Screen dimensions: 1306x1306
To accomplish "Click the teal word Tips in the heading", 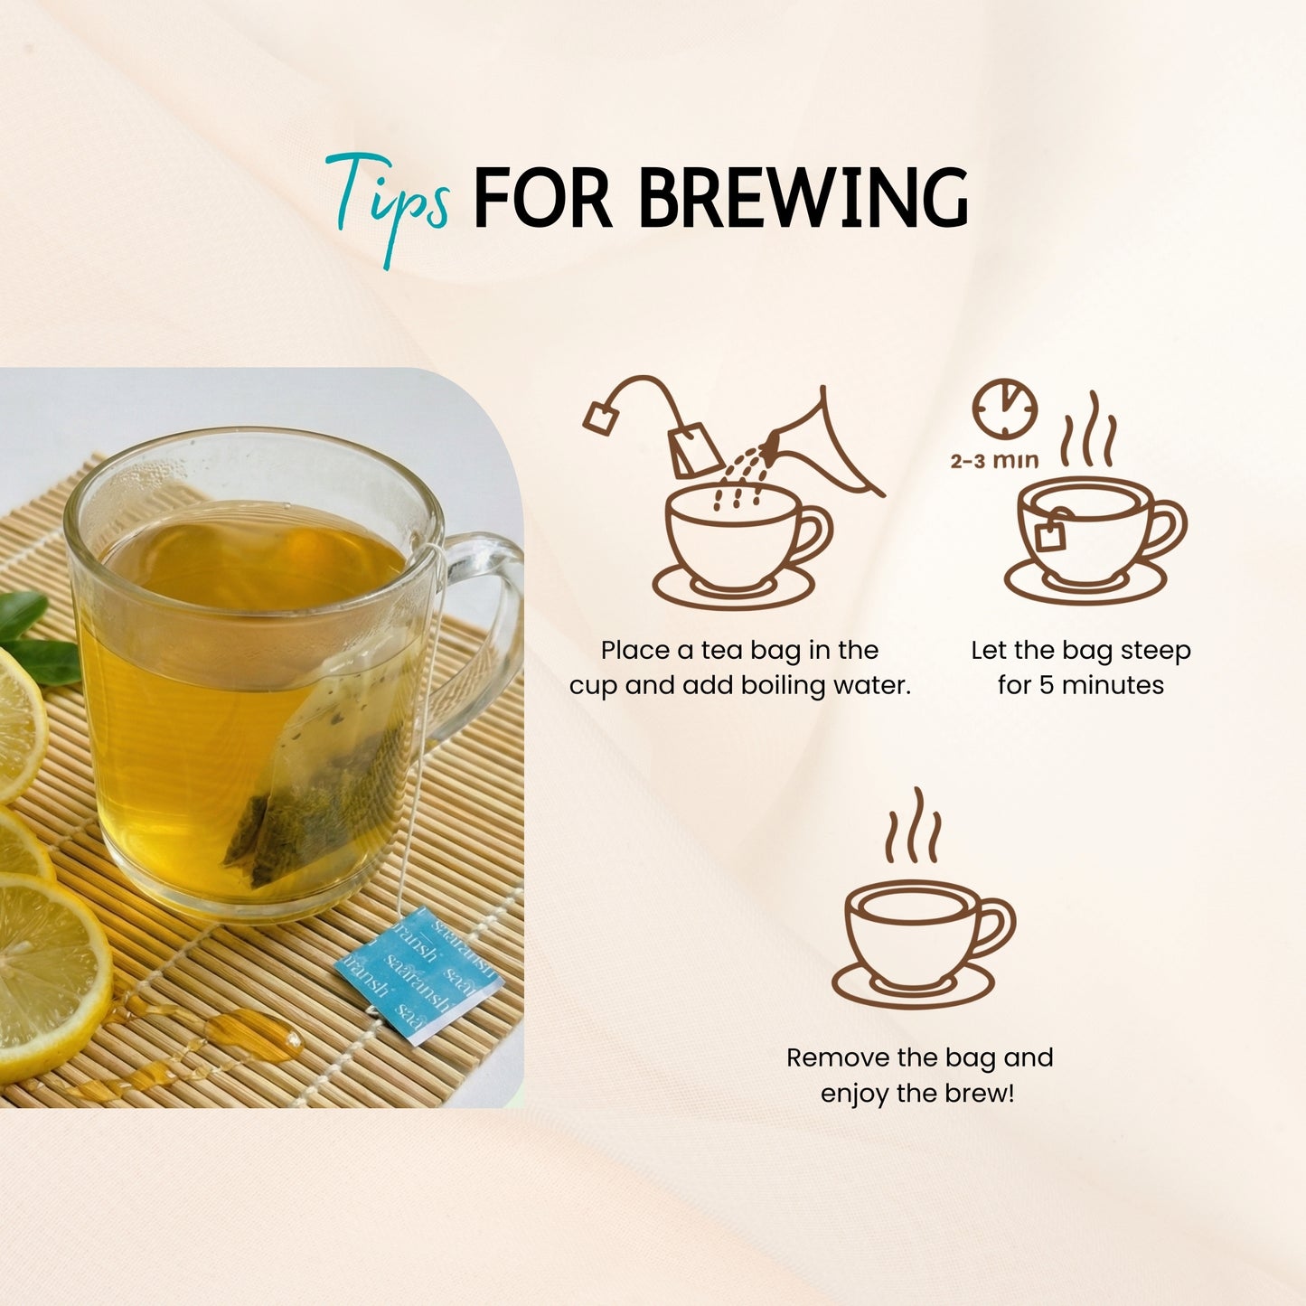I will [389, 201].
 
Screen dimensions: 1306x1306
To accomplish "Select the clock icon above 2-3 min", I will [1004, 409].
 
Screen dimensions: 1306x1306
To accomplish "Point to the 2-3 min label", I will [994, 461].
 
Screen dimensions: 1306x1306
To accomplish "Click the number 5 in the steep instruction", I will [1046, 685].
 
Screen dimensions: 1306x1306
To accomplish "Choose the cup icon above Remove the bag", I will [922, 940].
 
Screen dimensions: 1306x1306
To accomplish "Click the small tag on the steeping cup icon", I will [1049, 535].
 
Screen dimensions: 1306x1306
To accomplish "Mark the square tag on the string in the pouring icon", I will [598, 418].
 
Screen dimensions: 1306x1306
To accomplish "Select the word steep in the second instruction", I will [1156, 651].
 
